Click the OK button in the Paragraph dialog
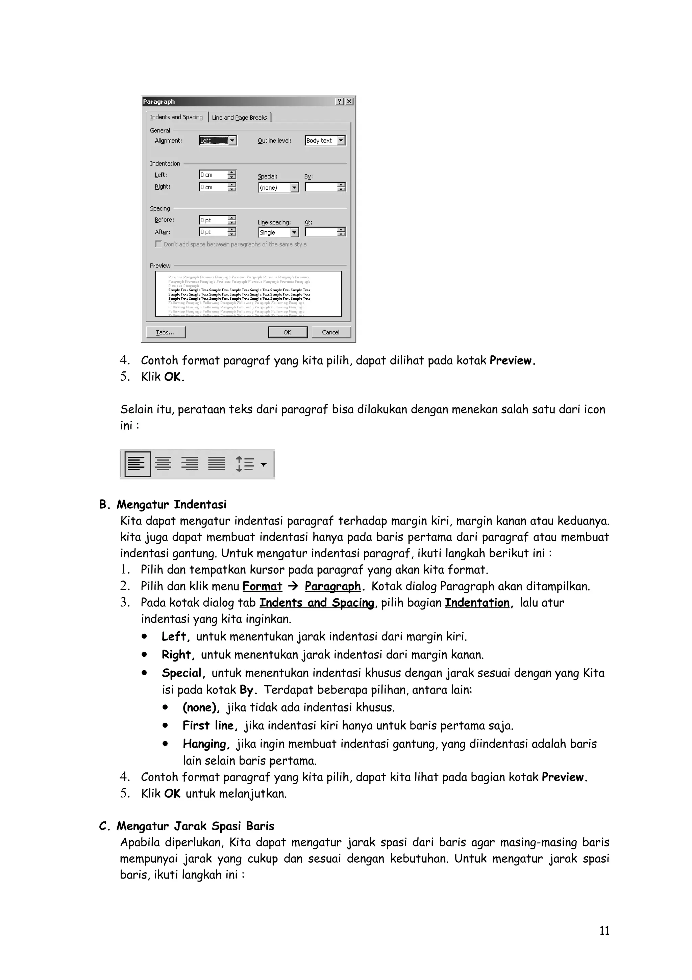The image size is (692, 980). point(287,332)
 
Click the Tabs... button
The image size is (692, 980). point(166,332)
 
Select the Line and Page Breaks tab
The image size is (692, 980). point(239,117)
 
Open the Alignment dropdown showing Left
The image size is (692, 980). point(218,140)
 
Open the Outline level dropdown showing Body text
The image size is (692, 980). point(325,140)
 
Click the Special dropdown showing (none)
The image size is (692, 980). point(278,187)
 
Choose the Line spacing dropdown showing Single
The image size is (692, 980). point(278,233)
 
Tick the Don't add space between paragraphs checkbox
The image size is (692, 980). point(158,244)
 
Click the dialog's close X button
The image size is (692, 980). point(349,101)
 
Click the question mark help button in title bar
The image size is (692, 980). point(339,101)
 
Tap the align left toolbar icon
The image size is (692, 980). point(137,464)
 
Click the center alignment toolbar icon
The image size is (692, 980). point(163,464)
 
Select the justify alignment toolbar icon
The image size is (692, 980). point(217,464)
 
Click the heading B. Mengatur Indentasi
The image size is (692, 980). point(163,505)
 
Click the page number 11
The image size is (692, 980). point(604,942)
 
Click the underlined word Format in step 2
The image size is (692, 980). point(262,586)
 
